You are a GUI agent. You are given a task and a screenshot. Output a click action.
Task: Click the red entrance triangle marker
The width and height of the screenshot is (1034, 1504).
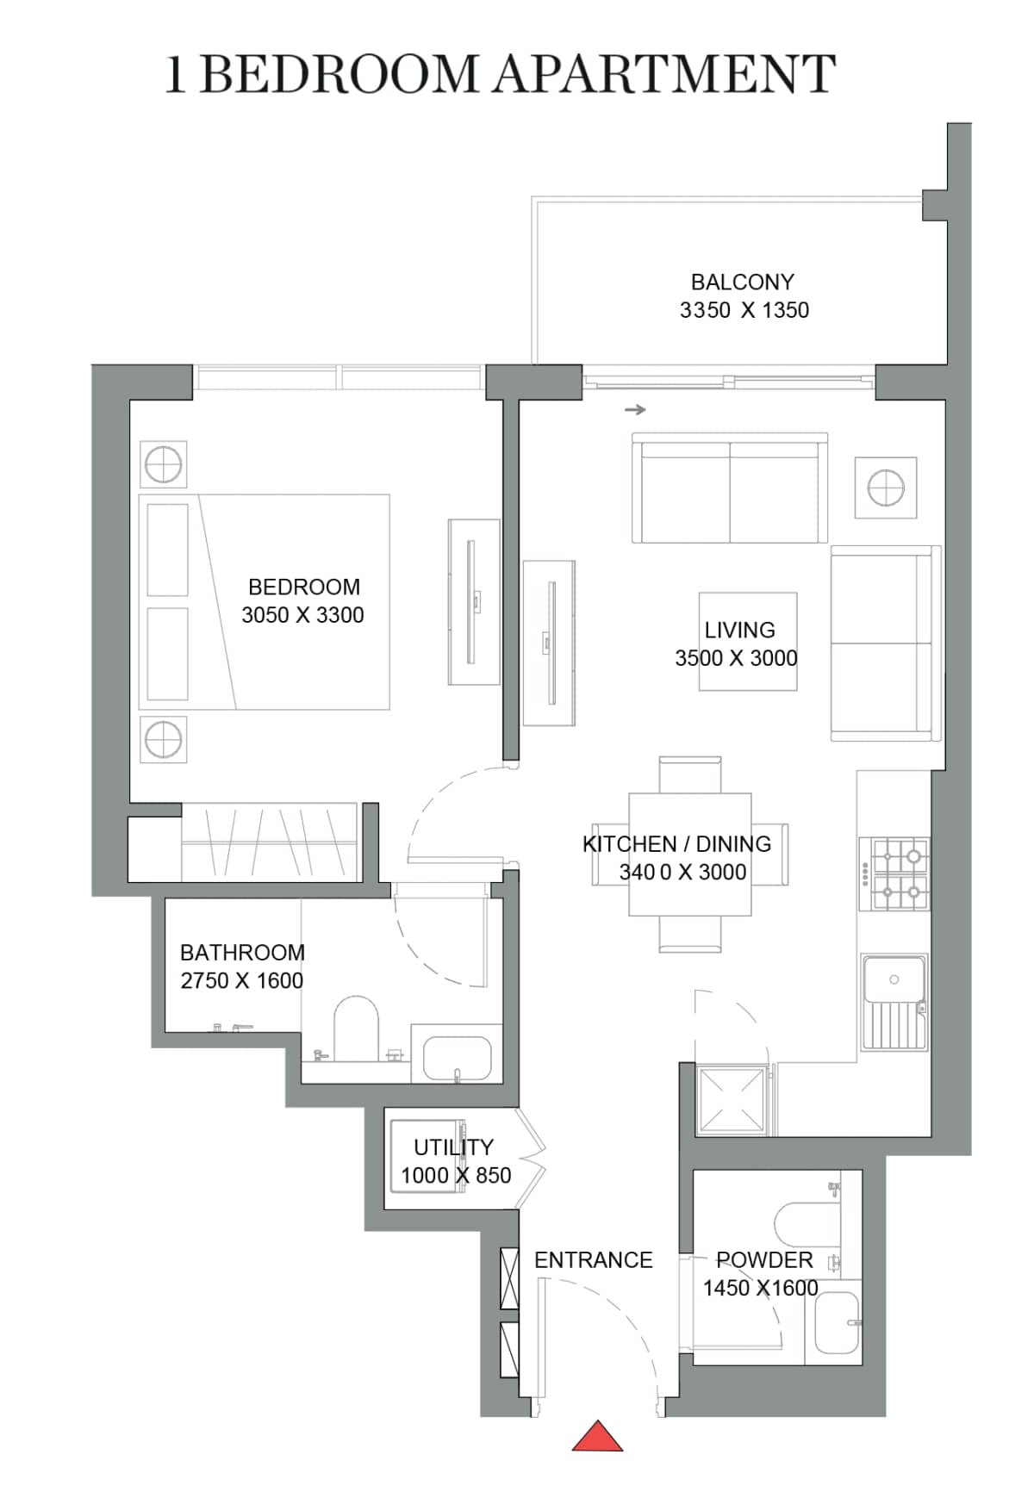[597, 1437]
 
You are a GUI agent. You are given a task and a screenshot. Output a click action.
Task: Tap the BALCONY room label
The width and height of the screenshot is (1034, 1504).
[742, 282]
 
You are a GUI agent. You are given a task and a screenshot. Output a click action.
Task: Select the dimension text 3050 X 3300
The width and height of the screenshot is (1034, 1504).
[302, 615]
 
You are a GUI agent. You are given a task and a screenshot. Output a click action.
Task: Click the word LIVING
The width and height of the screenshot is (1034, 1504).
[739, 630]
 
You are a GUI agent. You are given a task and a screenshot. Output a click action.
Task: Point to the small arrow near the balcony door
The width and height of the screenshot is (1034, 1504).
[635, 409]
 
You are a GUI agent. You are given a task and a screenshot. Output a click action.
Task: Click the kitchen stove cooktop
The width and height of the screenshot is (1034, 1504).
[895, 873]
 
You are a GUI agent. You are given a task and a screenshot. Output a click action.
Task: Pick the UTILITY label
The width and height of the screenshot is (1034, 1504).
[453, 1147]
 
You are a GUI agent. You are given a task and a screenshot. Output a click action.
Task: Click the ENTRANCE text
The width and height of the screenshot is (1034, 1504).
[593, 1260]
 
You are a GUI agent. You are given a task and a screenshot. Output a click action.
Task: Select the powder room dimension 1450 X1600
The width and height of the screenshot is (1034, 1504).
[760, 1288]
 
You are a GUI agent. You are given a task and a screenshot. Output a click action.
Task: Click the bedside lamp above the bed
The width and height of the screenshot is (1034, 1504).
[163, 466]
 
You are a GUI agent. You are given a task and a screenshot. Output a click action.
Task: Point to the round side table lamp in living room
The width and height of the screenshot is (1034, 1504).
[885, 488]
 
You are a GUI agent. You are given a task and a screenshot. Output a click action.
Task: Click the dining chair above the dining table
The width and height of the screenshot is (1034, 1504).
[689, 774]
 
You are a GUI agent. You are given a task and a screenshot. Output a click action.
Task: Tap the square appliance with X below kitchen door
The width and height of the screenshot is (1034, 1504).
[732, 1099]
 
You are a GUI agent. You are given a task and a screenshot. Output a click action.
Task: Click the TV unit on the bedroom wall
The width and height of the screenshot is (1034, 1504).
[473, 601]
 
